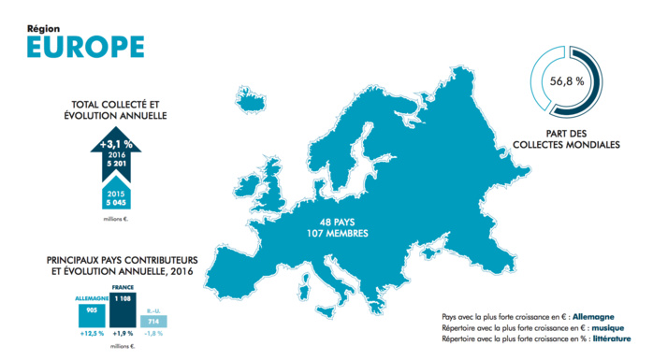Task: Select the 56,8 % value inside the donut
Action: [x=567, y=81]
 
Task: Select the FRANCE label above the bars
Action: [x=123, y=287]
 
